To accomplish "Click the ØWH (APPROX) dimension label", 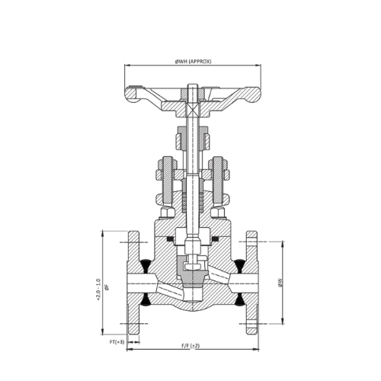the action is pyautogui.click(x=193, y=61).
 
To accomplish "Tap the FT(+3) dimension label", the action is pyautogui.click(x=117, y=342).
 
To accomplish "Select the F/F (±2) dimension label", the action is pyautogui.click(x=190, y=346).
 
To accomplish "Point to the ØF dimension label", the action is pyautogui.click(x=107, y=287).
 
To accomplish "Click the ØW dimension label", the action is pyautogui.click(x=280, y=283).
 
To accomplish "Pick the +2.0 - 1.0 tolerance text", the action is pyautogui.click(x=98, y=290).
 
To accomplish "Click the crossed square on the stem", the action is pyautogui.click(x=193, y=110).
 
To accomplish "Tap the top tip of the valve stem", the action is pyautogui.click(x=193, y=85).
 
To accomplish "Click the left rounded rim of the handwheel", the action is pyautogui.click(x=131, y=95).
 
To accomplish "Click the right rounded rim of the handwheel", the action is pyautogui.click(x=253, y=95).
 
